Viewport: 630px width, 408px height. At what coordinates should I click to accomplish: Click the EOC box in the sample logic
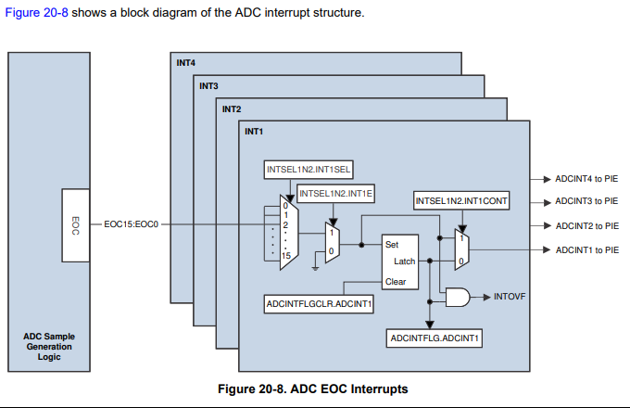coord(76,225)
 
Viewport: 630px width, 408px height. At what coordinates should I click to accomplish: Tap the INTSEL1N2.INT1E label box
coord(334,193)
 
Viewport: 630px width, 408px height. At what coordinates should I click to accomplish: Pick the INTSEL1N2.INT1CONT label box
coord(461,201)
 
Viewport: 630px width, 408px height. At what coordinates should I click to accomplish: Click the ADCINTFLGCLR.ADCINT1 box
coord(320,303)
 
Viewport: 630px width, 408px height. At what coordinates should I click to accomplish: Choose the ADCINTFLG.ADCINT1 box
coord(434,338)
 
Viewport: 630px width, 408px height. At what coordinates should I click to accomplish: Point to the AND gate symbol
coord(458,296)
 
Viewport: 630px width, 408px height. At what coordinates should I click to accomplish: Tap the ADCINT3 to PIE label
coord(586,201)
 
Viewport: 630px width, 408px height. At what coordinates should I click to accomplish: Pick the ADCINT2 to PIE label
coord(586,225)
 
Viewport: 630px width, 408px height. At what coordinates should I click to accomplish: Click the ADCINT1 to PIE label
coord(586,249)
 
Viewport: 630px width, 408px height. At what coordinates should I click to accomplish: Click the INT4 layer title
coord(186,63)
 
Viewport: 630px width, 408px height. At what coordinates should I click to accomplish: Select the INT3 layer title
coord(208,86)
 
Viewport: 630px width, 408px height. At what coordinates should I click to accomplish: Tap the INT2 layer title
coord(232,108)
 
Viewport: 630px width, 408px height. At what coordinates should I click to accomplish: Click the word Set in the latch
coord(392,245)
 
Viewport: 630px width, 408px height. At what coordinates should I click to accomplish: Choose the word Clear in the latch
coord(396,282)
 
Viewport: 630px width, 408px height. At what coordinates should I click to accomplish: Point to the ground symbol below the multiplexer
coord(316,268)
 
